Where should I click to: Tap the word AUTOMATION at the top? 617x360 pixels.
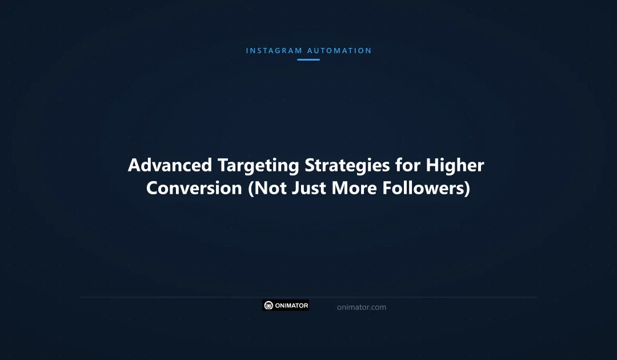[339, 51]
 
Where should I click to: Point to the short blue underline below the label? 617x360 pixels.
[308, 59]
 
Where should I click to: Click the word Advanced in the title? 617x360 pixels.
[170, 166]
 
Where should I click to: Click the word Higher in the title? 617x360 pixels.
[455, 166]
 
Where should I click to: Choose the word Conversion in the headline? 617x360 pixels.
[194, 189]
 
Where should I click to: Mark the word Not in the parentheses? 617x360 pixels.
[266, 189]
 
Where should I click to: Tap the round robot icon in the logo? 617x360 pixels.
[269, 306]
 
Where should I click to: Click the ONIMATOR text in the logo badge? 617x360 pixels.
[292, 306]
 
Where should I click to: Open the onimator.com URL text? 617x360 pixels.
[362, 307]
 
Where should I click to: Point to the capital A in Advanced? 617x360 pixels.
[134, 166]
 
